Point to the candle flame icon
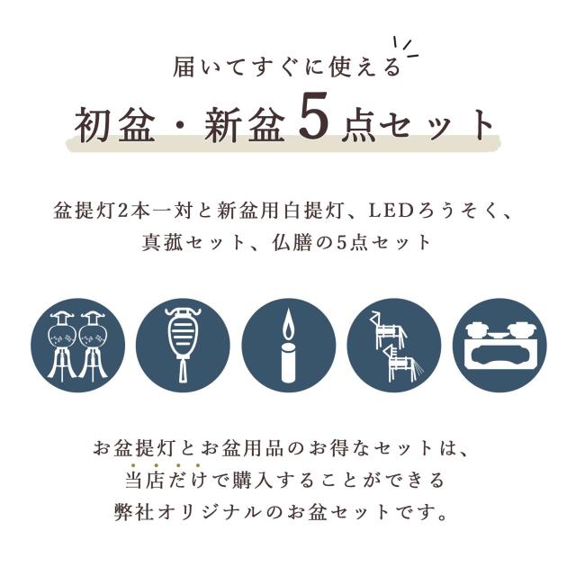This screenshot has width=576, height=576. point(288,324)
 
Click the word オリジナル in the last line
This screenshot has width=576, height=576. point(247,515)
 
